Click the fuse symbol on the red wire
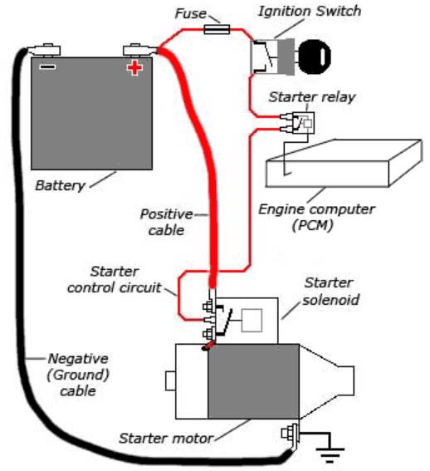click(217, 29)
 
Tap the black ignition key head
click(315, 56)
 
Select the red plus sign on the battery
click(134, 67)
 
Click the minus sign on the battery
click(47, 66)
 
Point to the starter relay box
click(303, 123)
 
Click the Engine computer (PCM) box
click(344, 164)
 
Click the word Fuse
click(191, 13)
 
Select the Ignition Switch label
click(310, 12)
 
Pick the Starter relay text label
click(311, 97)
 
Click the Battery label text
click(61, 185)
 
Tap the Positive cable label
click(167, 223)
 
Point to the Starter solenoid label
click(330, 291)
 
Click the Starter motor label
click(166, 439)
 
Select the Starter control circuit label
click(114, 279)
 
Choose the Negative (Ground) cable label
click(78, 375)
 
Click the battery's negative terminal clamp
click(44, 50)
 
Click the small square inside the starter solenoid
click(252, 320)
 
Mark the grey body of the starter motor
click(253, 381)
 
